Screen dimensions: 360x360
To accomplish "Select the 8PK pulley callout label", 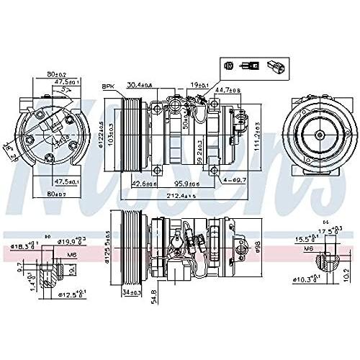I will (x=111, y=86).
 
